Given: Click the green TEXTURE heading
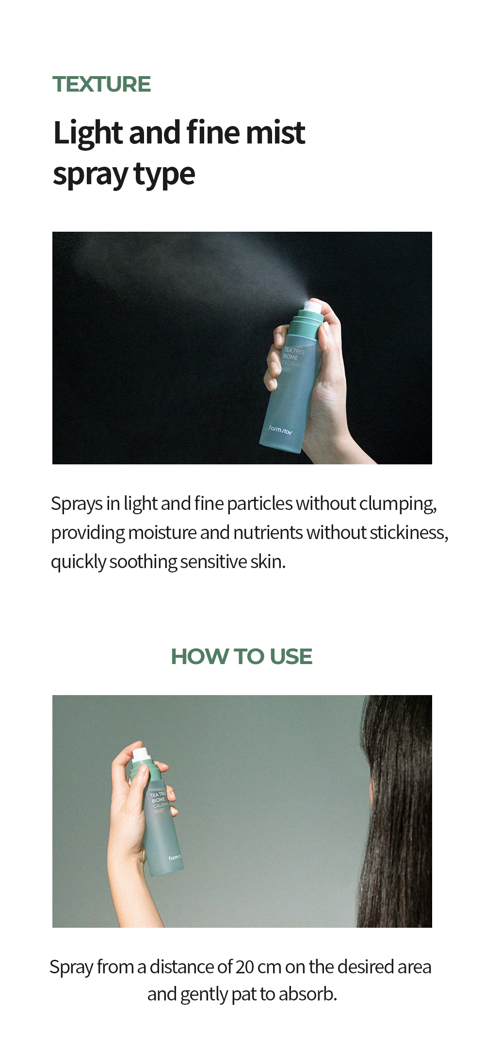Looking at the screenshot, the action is coord(101,84).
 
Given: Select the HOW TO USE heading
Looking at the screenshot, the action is coord(242,656).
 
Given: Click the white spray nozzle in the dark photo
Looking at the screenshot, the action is coord(311,306).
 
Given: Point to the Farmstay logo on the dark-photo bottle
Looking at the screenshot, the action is coord(281,430).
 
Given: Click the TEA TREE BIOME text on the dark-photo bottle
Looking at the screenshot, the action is coord(294,354).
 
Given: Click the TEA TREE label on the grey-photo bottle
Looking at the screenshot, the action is coord(158,794).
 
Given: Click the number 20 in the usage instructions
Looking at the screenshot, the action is coord(245,967).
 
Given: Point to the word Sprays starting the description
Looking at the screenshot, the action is coord(77,504).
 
